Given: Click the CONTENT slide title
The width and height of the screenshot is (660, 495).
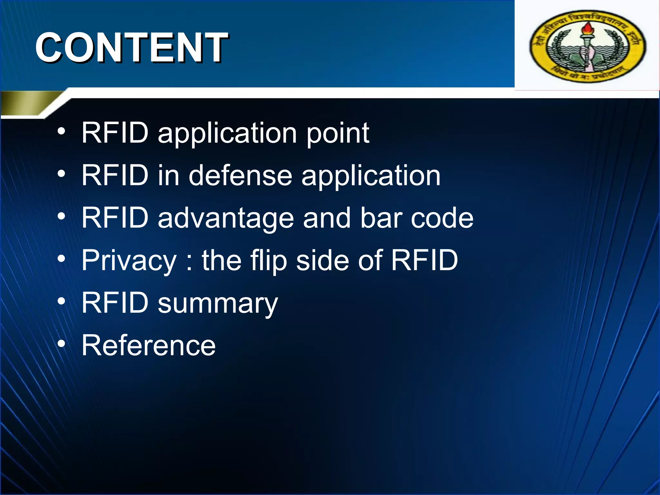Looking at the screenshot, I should point(131,48).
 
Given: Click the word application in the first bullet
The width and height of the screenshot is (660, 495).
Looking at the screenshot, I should point(227,133).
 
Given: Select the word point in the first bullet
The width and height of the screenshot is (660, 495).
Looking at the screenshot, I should point(337,133).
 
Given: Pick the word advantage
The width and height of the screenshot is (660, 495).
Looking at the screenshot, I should point(226,218).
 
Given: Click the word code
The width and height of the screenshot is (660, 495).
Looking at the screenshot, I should point(442,218).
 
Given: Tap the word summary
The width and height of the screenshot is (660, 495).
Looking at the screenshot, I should point(218,304).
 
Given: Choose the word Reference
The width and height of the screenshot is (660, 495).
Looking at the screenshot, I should point(149,345).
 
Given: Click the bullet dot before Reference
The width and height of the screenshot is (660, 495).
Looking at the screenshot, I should point(61,344).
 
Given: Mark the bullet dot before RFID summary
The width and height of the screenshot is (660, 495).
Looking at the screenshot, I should point(61,302).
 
